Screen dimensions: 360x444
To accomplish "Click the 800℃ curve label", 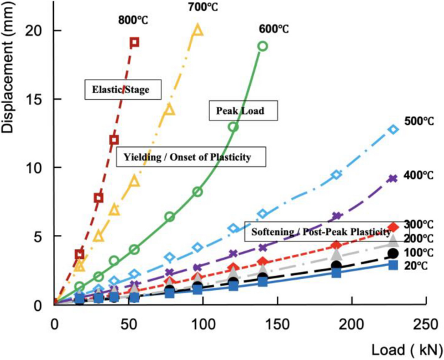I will (133, 20).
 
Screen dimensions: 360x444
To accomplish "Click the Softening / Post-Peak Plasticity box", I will (318, 231).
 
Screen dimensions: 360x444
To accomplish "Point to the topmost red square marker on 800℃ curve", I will (134, 43).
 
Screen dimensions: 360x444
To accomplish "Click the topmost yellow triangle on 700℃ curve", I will (198, 30).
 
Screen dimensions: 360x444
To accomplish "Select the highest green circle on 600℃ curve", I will (263, 46).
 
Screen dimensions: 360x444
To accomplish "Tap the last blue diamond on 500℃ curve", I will (392, 129).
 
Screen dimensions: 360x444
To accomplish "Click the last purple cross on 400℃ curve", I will (392, 179).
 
